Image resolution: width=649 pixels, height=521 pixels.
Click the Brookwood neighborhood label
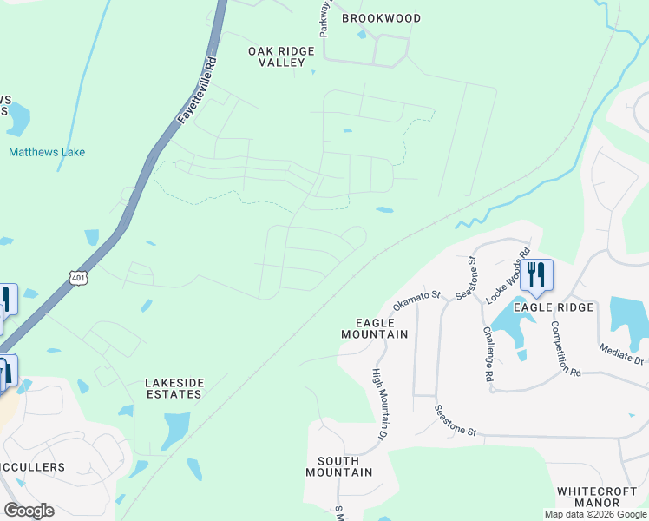(x=381, y=18)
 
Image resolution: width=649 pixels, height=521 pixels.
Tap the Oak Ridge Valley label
(x=281, y=57)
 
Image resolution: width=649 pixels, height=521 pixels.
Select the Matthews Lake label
(x=47, y=152)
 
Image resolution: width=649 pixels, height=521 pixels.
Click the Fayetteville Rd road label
(x=198, y=91)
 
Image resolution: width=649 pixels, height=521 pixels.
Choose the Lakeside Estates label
(x=174, y=388)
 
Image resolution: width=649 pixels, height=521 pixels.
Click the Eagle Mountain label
(x=374, y=327)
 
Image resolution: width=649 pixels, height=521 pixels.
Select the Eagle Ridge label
(x=554, y=307)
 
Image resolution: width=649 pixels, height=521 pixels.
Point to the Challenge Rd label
(x=488, y=353)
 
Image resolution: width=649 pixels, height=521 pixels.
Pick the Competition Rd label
(x=564, y=348)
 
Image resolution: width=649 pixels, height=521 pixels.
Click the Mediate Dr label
(x=620, y=353)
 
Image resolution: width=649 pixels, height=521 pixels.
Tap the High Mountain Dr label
(x=379, y=403)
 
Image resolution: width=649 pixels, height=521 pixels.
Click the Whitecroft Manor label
(x=600, y=497)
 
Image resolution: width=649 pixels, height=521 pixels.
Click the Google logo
(x=29, y=511)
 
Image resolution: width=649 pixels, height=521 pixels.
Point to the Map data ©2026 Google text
(x=595, y=514)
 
